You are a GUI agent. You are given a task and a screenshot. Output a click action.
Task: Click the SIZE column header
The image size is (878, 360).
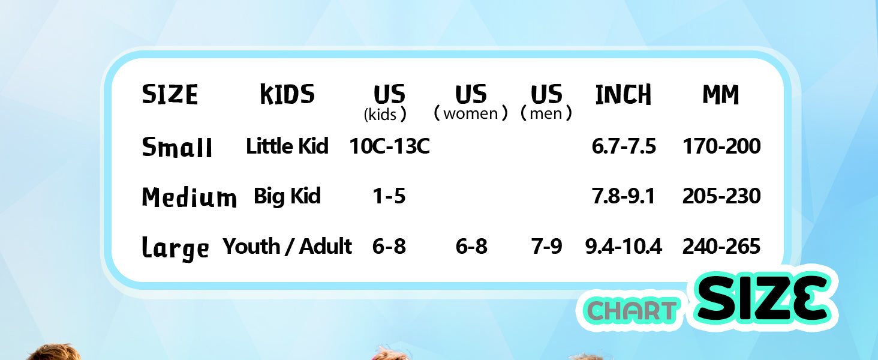click(x=170, y=95)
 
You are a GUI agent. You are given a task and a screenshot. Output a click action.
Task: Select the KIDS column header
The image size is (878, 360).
click(x=287, y=95)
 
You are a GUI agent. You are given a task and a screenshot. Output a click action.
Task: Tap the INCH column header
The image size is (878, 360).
click(x=623, y=95)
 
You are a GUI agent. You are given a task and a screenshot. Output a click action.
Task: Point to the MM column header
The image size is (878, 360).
click(x=721, y=95)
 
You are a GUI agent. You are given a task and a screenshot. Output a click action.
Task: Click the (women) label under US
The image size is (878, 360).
click(x=471, y=113)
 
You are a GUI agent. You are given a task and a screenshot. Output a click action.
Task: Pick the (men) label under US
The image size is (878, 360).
click(x=546, y=113)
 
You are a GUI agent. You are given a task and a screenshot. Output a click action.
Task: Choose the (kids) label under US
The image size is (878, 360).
click(x=385, y=115)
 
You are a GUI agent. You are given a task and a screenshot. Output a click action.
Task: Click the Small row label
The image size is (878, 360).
click(x=177, y=147)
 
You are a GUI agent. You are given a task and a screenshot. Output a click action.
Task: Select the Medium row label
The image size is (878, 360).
click(x=190, y=197)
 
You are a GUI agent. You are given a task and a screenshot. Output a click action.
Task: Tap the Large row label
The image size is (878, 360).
click(x=175, y=248)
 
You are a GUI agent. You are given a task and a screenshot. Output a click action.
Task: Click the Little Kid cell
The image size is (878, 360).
click(x=287, y=146)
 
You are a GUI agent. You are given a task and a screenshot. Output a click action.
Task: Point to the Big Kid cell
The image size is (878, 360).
click(x=287, y=196)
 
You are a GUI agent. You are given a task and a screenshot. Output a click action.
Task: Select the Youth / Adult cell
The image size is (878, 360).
click(x=287, y=246)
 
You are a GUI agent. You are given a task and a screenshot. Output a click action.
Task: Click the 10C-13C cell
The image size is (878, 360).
click(x=389, y=146)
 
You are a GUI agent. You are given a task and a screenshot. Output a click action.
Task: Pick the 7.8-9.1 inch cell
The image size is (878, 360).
click(x=623, y=196)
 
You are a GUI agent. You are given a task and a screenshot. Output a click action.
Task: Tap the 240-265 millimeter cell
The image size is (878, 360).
click(x=721, y=246)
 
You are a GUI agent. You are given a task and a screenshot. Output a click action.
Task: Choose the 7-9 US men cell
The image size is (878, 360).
click(x=546, y=246)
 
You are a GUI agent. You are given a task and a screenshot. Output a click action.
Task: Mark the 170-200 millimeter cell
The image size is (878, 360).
click(x=721, y=146)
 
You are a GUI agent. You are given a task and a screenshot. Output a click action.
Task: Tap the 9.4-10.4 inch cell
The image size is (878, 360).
click(x=623, y=246)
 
